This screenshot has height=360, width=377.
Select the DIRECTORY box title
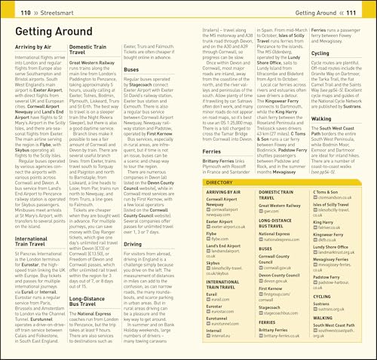point(219,182)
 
